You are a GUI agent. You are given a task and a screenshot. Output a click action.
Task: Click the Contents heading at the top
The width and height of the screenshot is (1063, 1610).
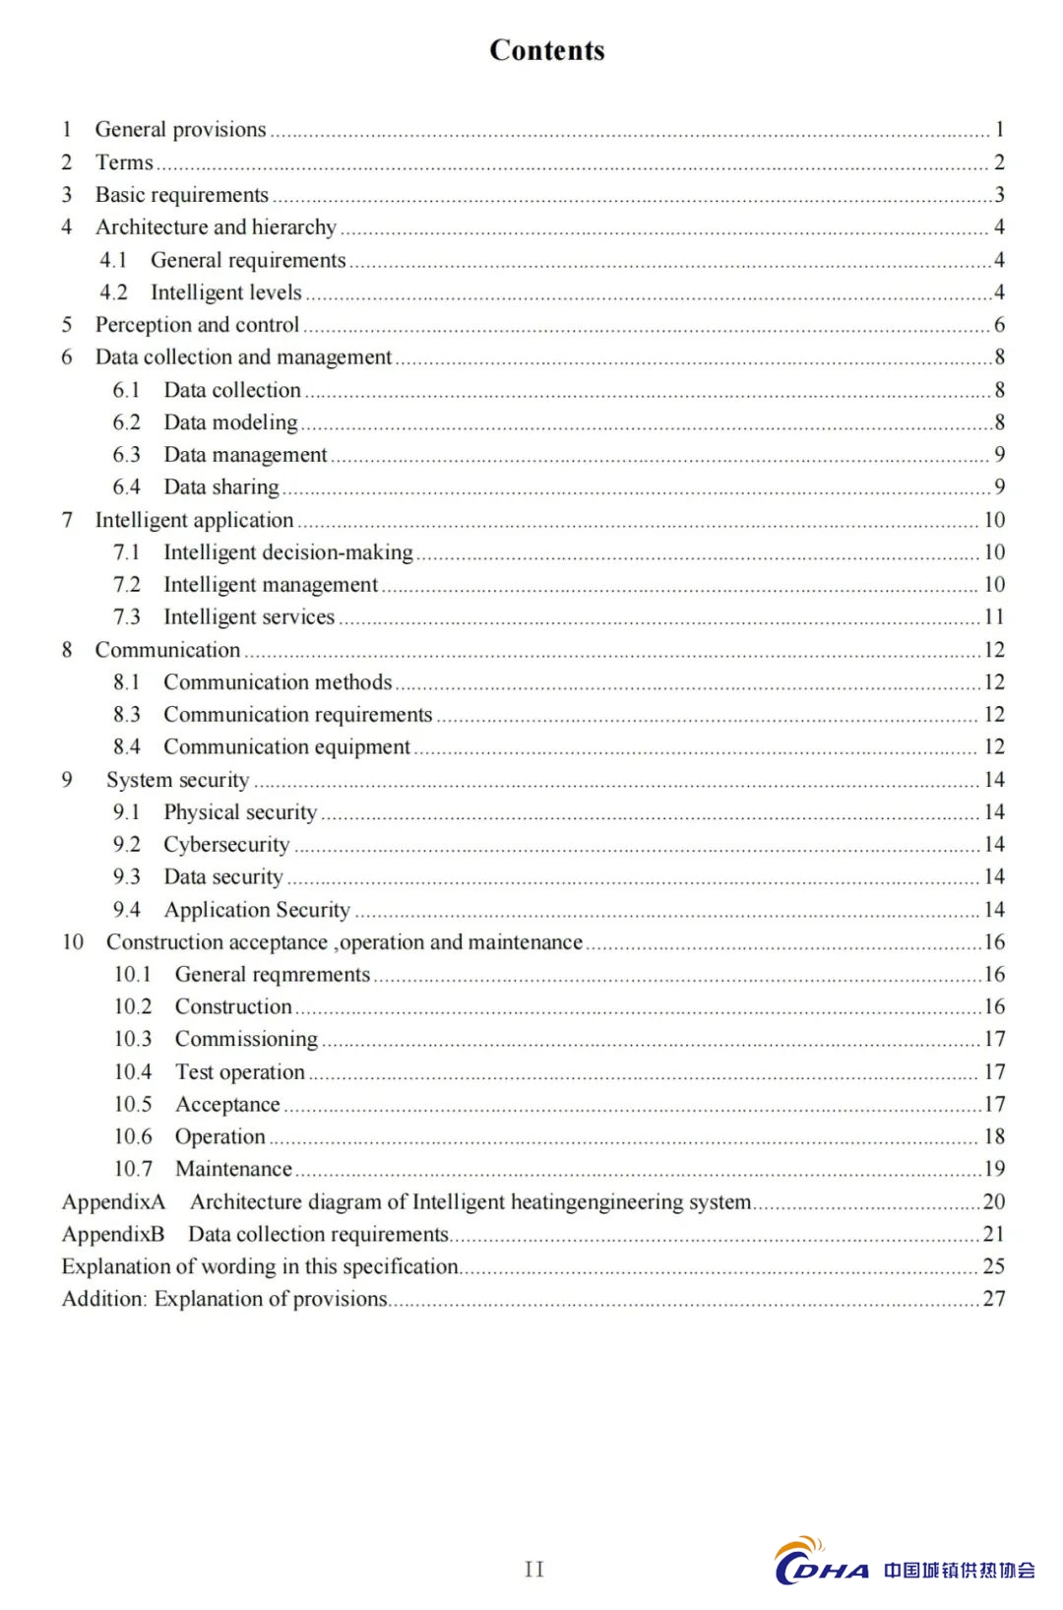(x=546, y=50)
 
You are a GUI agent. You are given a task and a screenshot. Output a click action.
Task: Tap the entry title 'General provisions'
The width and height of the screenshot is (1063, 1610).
(x=180, y=129)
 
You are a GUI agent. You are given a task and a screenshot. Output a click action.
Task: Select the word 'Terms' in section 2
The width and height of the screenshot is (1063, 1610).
(x=124, y=162)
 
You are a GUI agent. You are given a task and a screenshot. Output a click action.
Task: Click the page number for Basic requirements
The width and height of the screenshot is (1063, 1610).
(x=999, y=195)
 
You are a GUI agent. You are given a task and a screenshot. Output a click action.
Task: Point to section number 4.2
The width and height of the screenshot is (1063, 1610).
(x=113, y=292)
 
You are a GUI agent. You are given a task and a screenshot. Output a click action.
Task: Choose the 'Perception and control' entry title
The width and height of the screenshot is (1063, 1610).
(x=197, y=325)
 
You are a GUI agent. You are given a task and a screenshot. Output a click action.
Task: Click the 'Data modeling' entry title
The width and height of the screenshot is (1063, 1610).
(x=230, y=422)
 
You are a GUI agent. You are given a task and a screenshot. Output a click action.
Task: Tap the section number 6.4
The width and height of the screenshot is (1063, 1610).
(x=126, y=487)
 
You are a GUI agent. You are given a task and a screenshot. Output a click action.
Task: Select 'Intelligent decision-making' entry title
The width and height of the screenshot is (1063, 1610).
(x=287, y=552)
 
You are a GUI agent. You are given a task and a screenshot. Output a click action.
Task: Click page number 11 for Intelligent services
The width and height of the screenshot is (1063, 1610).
(x=994, y=617)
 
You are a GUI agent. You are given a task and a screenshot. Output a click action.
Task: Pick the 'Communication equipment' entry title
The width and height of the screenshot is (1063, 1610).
(x=286, y=747)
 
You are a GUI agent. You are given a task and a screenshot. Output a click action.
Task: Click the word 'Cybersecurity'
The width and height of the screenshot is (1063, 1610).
(x=226, y=845)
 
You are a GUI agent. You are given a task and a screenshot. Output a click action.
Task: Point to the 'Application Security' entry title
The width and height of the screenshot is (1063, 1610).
(x=257, y=910)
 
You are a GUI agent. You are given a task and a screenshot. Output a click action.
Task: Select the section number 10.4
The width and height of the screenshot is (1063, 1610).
(x=133, y=1071)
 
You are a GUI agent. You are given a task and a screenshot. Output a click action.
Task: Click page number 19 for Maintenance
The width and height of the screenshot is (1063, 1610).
(x=994, y=1169)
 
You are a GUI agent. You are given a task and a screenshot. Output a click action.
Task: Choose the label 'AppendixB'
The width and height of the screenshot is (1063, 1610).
(x=113, y=1234)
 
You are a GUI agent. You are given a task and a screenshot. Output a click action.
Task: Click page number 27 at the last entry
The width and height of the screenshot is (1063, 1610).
(x=994, y=1299)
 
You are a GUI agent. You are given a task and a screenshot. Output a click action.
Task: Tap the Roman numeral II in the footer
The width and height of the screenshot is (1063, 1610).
(x=534, y=1569)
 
